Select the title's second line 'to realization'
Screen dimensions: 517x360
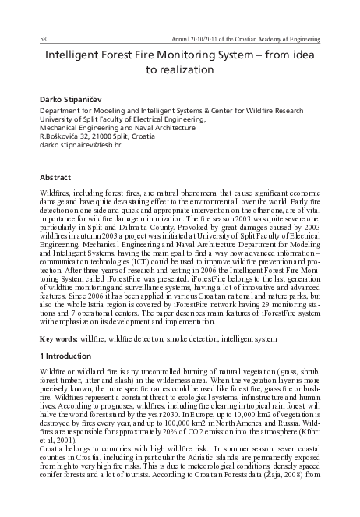coord(179,70)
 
